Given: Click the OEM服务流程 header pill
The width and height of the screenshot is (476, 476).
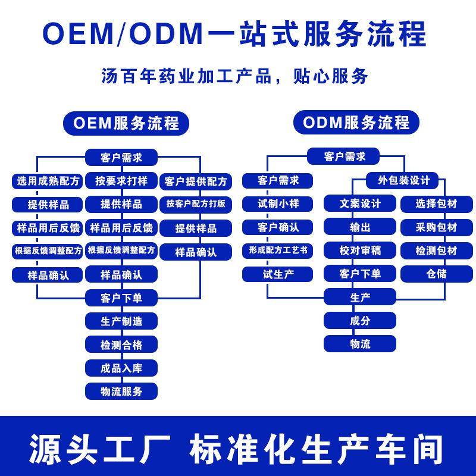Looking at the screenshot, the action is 121,123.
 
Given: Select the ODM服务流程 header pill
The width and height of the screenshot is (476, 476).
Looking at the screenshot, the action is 356,123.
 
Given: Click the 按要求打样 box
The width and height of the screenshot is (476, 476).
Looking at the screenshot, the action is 121,181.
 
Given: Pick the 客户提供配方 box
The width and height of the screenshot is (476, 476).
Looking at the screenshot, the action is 196,181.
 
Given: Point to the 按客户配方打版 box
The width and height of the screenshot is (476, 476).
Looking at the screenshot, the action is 196,203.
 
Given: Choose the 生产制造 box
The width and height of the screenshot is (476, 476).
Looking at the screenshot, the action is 121,321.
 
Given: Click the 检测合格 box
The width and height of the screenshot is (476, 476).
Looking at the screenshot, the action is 121,345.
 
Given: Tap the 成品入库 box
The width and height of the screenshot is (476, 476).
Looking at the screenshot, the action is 121,368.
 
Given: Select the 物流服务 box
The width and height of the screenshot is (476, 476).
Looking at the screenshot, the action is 121,391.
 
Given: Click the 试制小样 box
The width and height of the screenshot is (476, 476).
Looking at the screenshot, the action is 278,203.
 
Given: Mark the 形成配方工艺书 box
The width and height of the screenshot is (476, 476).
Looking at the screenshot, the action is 278,250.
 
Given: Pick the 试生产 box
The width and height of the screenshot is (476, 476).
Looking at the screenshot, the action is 278,274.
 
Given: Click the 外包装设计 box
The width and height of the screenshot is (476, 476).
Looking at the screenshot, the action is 399,180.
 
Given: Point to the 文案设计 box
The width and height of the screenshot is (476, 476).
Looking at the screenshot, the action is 360,203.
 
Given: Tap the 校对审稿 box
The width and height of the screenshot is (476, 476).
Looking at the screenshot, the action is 360,250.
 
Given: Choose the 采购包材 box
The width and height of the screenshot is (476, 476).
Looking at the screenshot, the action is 436,227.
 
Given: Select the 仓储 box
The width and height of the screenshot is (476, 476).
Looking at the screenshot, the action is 436,274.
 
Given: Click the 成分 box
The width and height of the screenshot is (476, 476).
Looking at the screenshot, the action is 360,321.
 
